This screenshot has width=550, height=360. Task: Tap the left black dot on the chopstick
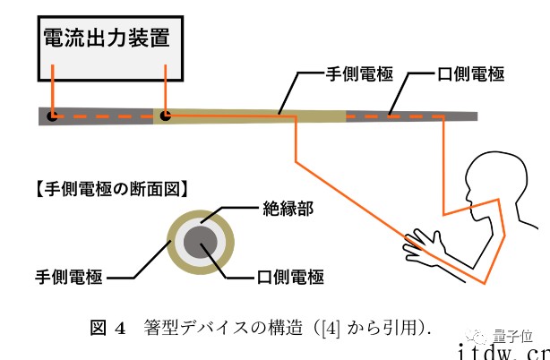[53, 116]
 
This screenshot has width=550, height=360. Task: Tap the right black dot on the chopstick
[163, 116]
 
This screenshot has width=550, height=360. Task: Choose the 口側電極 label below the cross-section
[286, 278]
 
